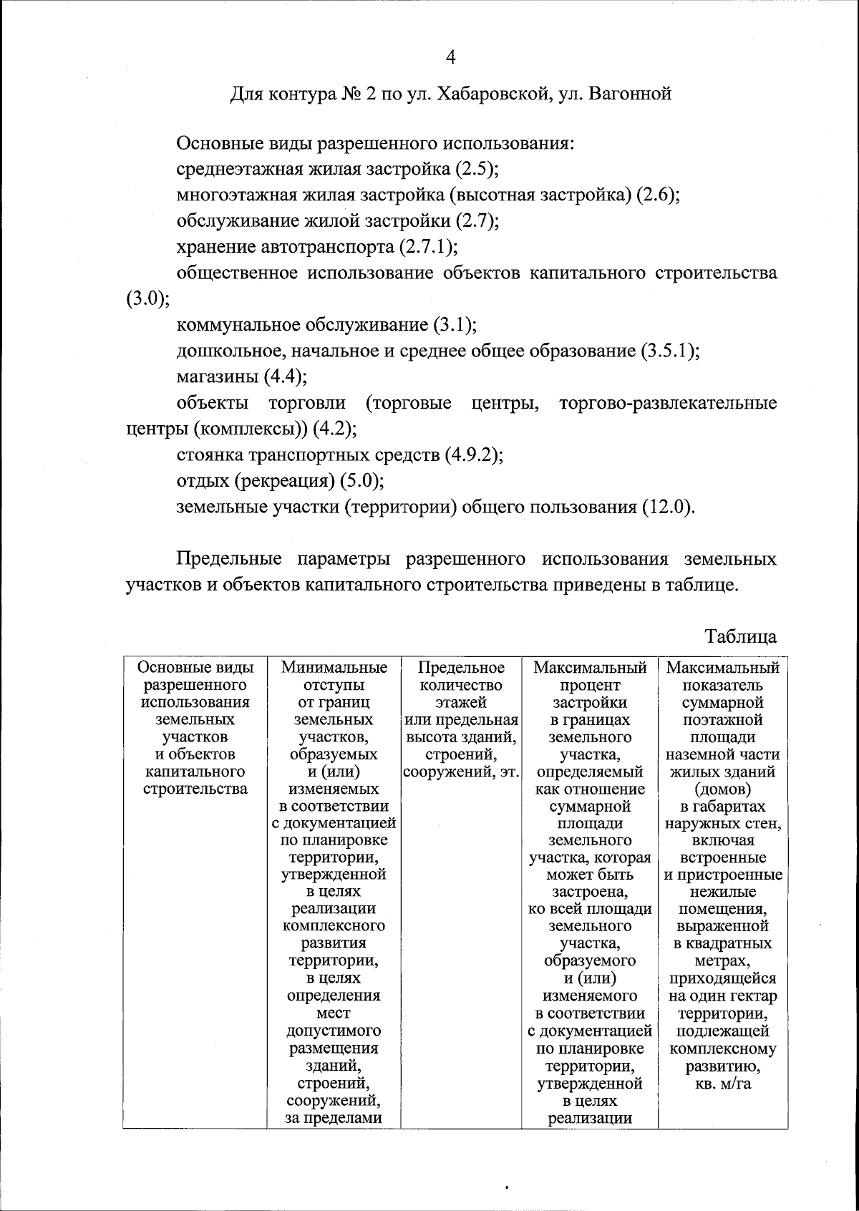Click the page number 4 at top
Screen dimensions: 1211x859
coord(450,57)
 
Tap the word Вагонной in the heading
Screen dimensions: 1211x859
coord(630,94)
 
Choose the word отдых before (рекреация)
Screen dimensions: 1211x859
coord(203,481)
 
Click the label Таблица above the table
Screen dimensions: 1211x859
coord(740,636)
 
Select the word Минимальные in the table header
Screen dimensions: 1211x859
coord(334,668)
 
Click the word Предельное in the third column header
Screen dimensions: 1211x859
coord(461,668)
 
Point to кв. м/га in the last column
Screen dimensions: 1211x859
coord(723,1084)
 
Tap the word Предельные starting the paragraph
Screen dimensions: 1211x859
coord(229,559)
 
